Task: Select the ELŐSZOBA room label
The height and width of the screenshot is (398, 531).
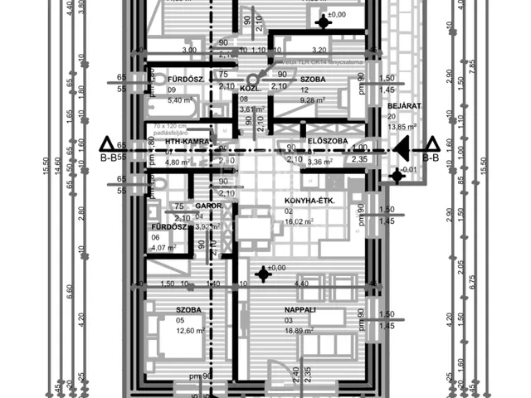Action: pyautogui.click(x=326, y=142)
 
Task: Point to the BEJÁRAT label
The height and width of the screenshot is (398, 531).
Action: pyautogui.click(x=405, y=107)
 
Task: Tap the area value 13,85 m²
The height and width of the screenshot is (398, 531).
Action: pyautogui.click(x=405, y=127)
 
